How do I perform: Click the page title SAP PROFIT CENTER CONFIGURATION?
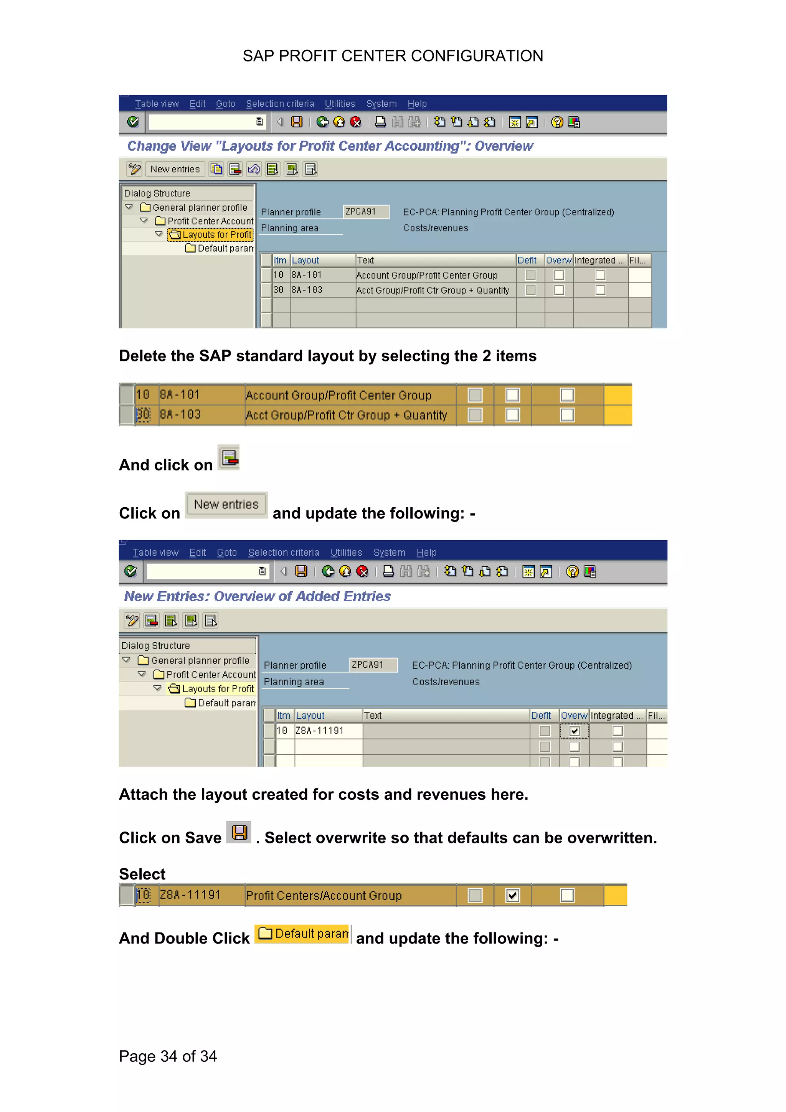(392, 56)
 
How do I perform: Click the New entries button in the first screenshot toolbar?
(175, 169)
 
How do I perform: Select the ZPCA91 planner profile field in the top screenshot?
(365, 212)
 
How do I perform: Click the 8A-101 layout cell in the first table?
(307, 275)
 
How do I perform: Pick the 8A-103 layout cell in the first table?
(307, 290)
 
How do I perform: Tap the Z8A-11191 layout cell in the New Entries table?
(320, 730)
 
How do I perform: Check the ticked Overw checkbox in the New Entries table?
(575, 731)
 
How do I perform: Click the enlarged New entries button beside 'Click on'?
(226, 505)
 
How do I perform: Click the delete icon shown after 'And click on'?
(229, 458)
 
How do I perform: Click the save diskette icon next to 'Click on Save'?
(239, 833)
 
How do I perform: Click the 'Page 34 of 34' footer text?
(168, 1056)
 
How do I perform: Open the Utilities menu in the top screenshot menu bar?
(340, 104)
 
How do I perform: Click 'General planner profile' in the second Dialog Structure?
(200, 661)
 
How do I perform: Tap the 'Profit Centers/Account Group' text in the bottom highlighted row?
(324, 896)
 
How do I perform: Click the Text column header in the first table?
(366, 260)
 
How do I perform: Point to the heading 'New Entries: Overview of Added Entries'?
(257, 596)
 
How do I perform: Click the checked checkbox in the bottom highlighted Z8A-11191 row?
(512, 896)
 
